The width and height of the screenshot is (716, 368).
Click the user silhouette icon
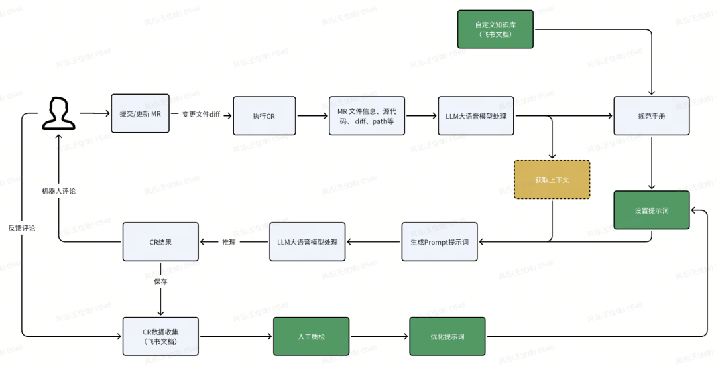coord(58,114)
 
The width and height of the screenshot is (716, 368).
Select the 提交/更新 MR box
coord(140,114)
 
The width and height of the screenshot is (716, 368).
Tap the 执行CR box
coord(263,116)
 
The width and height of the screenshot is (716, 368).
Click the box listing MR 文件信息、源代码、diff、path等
coord(367,116)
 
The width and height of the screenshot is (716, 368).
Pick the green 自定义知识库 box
coord(495,29)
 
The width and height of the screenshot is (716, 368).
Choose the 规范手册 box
coord(651,116)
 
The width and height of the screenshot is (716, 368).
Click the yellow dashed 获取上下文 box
coord(552,180)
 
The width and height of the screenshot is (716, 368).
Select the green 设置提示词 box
coord(651,210)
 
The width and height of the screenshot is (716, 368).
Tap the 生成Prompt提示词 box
coord(439,242)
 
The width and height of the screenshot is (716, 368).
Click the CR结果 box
coord(160,242)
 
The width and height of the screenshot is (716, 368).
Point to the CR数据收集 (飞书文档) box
coord(160,336)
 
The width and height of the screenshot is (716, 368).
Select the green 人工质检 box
coord(311,336)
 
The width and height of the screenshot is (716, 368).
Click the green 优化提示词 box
coord(447,336)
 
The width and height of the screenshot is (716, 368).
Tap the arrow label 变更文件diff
coord(201,115)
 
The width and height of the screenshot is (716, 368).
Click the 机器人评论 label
coord(58,191)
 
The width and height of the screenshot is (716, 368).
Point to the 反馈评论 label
coord(22,227)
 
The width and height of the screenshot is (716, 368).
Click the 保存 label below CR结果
coord(160,282)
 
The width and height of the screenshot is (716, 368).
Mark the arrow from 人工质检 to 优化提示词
coord(379,336)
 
